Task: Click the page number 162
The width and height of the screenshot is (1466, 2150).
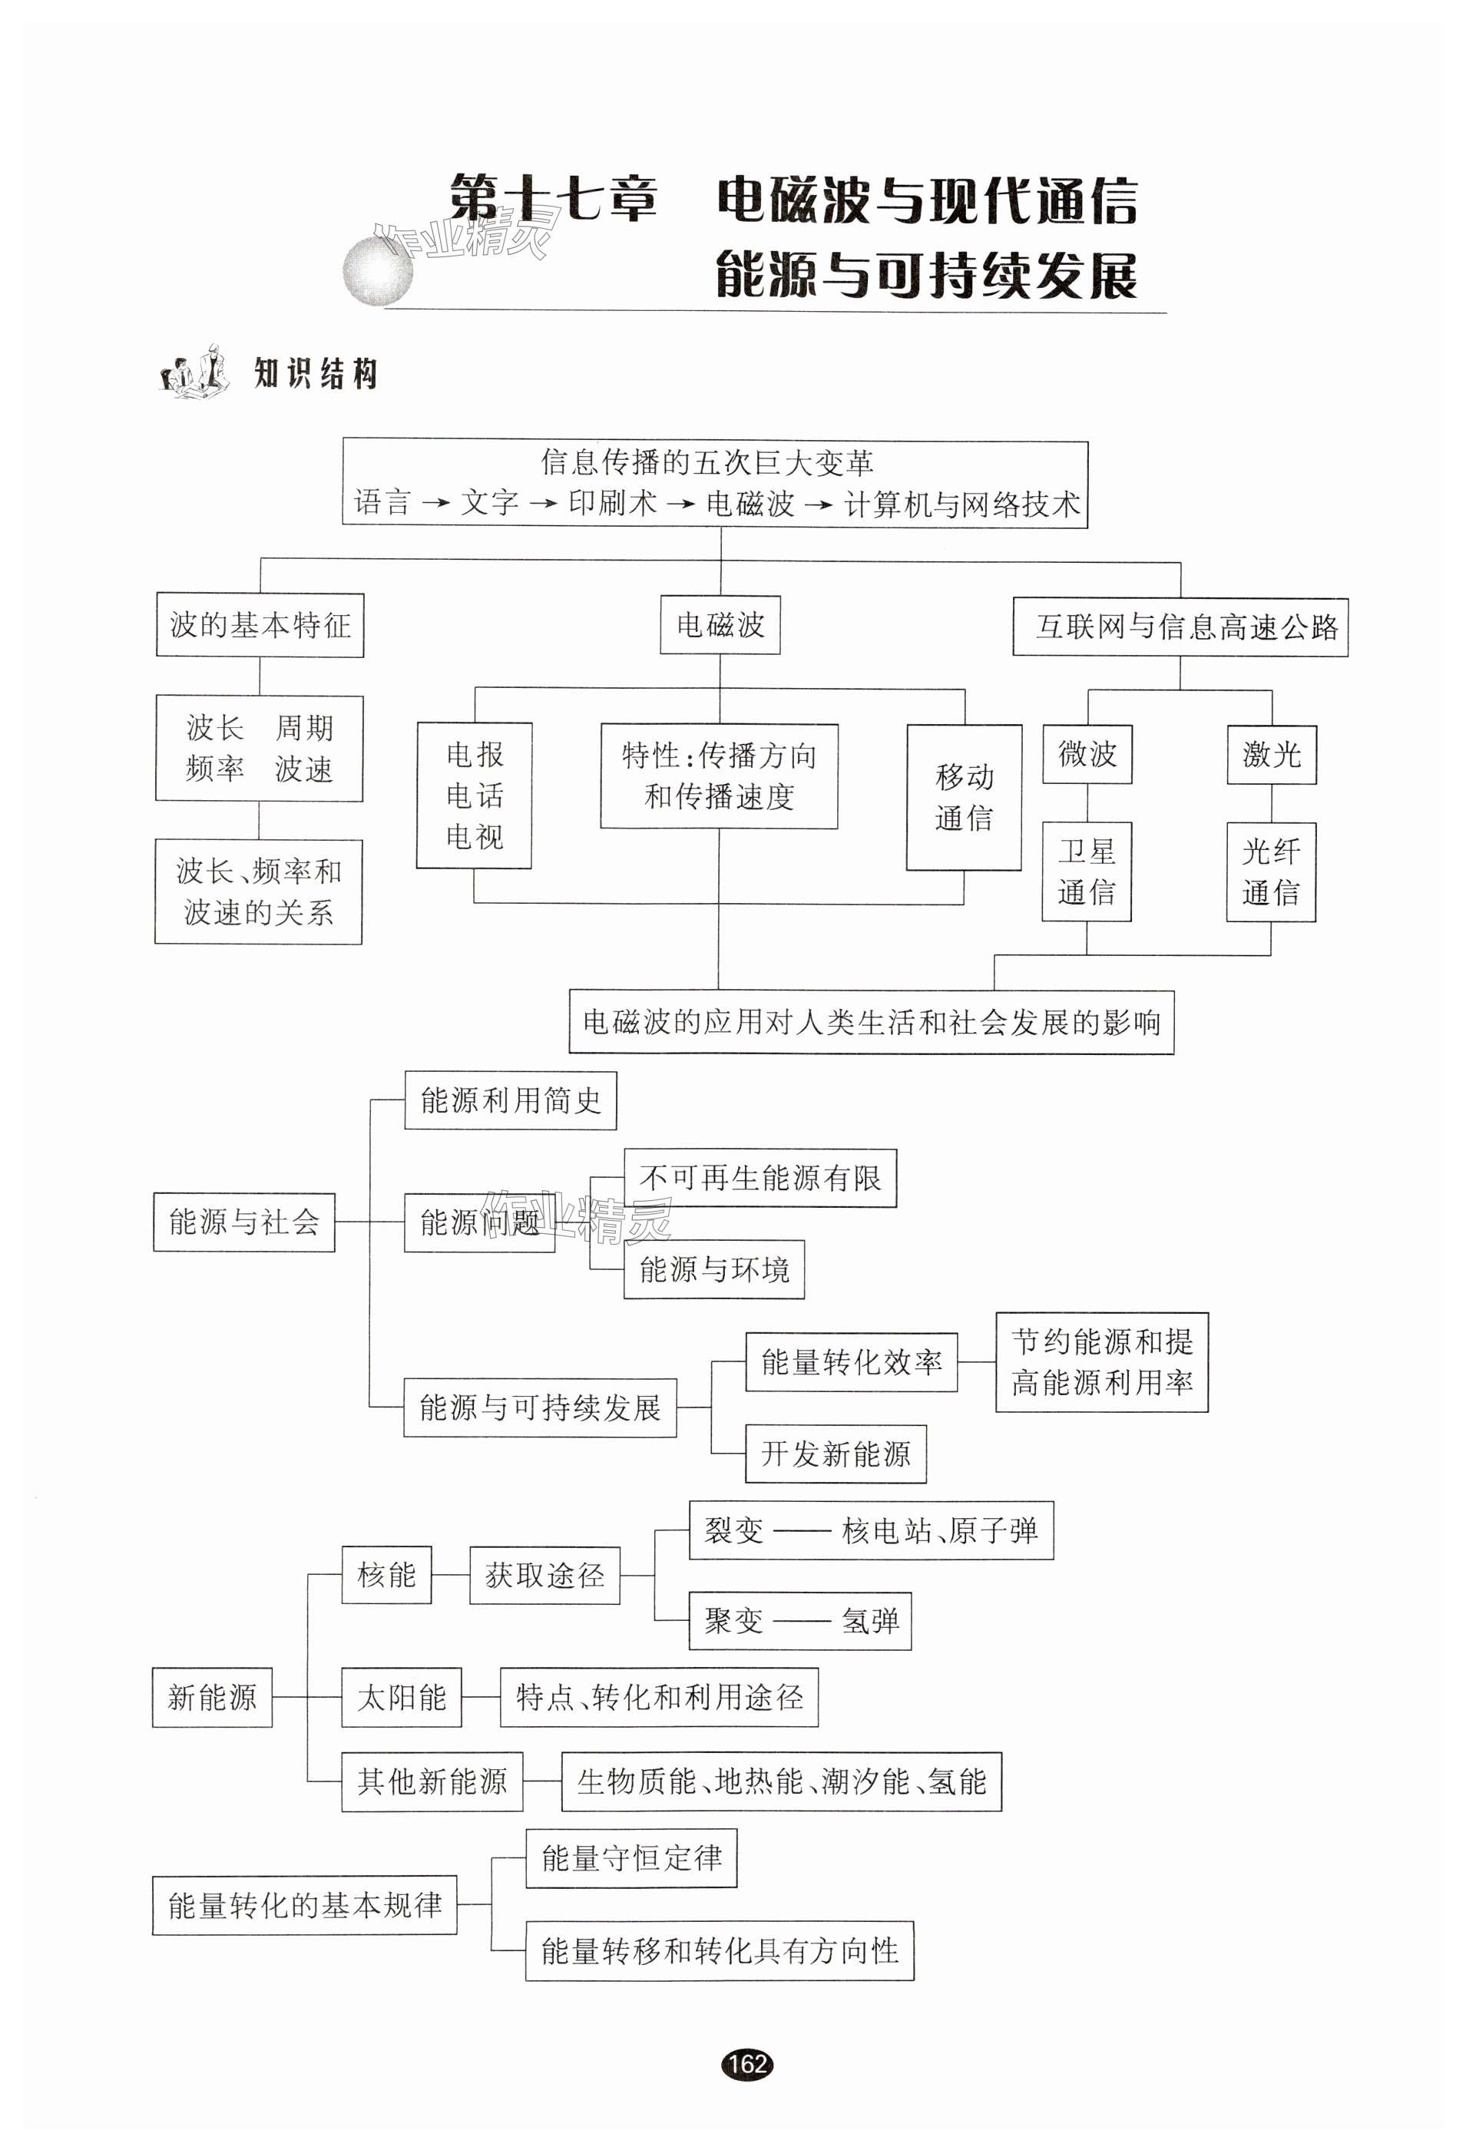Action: coord(747,2064)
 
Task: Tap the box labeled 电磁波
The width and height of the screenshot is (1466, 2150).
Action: coord(720,625)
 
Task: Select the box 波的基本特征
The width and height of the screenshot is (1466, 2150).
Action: coord(260,625)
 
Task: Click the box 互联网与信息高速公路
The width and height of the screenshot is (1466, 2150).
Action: coord(1180,627)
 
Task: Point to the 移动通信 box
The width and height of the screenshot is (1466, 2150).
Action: coord(965,798)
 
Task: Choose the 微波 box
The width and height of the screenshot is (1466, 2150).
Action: coord(1087,754)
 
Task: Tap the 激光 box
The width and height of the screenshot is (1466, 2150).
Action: coord(1272,755)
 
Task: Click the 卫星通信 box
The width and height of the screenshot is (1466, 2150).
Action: coord(1087,872)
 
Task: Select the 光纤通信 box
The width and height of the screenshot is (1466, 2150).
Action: coord(1271,872)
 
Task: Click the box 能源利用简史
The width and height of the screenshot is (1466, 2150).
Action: coord(511,1100)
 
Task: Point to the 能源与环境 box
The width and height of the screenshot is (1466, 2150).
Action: coord(713,1269)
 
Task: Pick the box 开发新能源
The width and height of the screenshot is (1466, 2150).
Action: coord(836,1454)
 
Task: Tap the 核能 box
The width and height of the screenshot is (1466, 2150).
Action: coord(387,1575)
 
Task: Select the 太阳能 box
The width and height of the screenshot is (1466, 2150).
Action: coord(402,1698)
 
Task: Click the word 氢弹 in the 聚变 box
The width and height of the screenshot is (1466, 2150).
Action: coord(870,1621)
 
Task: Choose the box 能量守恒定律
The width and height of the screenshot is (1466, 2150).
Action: coord(631,1857)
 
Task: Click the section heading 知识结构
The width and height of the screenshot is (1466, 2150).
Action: coord(316,374)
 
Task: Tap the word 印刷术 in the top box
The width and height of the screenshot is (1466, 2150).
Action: coord(613,502)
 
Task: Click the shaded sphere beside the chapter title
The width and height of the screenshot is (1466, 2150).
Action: coord(378,271)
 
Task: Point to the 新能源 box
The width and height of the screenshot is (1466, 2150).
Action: coord(212,1698)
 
